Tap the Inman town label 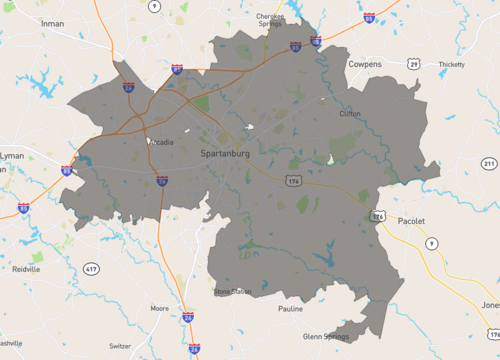coord(52,23)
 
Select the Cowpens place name coord(364,63)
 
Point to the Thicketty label coord(451,64)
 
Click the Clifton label coord(350,114)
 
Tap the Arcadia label coord(161,142)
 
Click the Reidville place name coord(25,269)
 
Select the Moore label coord(159,308)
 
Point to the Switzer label coord(119,345)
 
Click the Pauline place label coord(290,309)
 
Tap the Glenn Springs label coord(326,337)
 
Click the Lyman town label coord(11,156)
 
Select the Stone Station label coord(233,291)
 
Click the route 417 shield coord(91,269)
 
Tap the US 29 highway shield coord(413,63)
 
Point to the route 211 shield coord(488,163)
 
